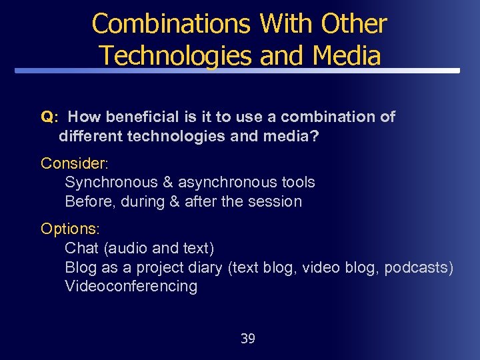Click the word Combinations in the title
coord(171,24)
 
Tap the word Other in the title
coord(353,24)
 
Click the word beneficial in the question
coord(143,117)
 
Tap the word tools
coord(297,182)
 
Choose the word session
coord(276,201)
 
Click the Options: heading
coord(70,229)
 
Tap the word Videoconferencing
coord(131,287)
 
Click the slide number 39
coord(247,339)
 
